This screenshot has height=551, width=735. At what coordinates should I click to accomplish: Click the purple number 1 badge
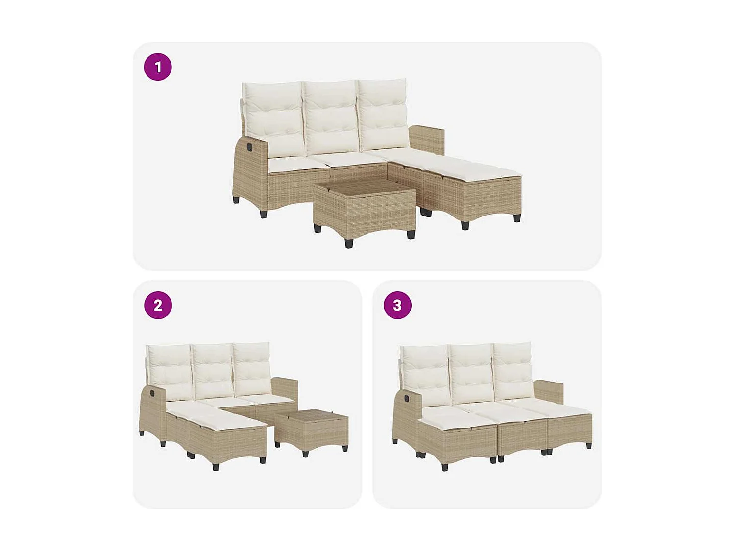tap(158, 67)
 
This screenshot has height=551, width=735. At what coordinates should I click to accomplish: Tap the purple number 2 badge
tap(158, 305)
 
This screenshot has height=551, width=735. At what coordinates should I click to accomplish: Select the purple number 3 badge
tap(397, 305)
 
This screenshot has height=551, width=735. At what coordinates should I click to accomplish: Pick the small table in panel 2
tap(312, 429)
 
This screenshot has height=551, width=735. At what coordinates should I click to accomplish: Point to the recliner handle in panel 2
tap(149, 393)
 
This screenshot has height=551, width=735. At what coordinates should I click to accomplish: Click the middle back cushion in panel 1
tap(331, 118)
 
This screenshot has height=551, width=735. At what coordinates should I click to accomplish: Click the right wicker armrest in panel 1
tap(427, 140)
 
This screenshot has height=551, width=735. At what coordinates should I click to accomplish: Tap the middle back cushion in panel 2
tap(213, 371)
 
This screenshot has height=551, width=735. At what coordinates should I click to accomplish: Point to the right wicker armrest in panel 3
tap(549, 391)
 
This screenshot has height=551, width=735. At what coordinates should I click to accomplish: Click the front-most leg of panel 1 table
tap(349, 243)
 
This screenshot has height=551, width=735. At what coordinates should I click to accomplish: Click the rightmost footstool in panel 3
tap(569, 425)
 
